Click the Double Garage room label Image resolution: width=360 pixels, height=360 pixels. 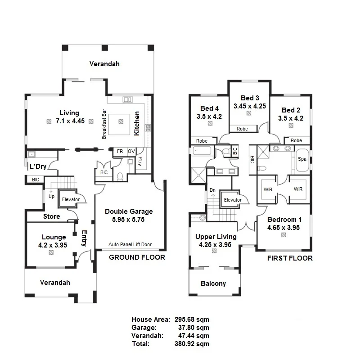tap(129, 211)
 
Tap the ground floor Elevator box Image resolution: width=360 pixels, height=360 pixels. tap(71, 199)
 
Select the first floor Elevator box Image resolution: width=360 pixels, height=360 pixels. tap(232, 200)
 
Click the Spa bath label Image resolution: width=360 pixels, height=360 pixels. tap(302, 159)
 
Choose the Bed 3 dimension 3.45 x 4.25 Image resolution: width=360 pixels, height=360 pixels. tap(250, 106)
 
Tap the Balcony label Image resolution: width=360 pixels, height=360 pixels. tap(213, 283)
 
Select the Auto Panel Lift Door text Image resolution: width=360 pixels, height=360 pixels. tap(130, 245)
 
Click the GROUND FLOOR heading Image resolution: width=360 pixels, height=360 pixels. tap(137, 257)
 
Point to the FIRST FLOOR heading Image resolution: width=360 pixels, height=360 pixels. tap(290, 258)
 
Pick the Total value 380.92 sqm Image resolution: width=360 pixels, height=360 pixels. tap(191, 344)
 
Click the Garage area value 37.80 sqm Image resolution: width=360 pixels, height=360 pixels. tap(191, 328)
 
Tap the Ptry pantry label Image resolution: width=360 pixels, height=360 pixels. tap(140, 161)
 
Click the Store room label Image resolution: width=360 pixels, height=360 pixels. tap(51, 216)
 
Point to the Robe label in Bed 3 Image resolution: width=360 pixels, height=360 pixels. tap(242, 129)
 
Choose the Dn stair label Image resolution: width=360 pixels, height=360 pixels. tap(212, 190)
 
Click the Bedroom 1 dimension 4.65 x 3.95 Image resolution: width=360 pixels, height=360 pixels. tap(284, 227)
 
